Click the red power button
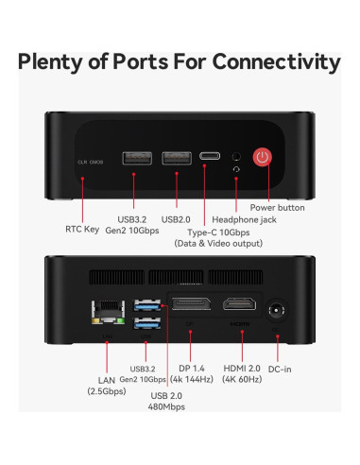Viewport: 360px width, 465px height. coord(266,159)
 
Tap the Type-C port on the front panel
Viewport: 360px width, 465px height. coord(207,156)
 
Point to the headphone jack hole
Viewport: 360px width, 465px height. coord(234,154)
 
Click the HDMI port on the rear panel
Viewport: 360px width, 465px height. coord(236,305)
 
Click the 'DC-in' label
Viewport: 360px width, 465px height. coord(282,369)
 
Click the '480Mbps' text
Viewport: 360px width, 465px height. coord(166,406)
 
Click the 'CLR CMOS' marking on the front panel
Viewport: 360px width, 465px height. coord(90,162)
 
